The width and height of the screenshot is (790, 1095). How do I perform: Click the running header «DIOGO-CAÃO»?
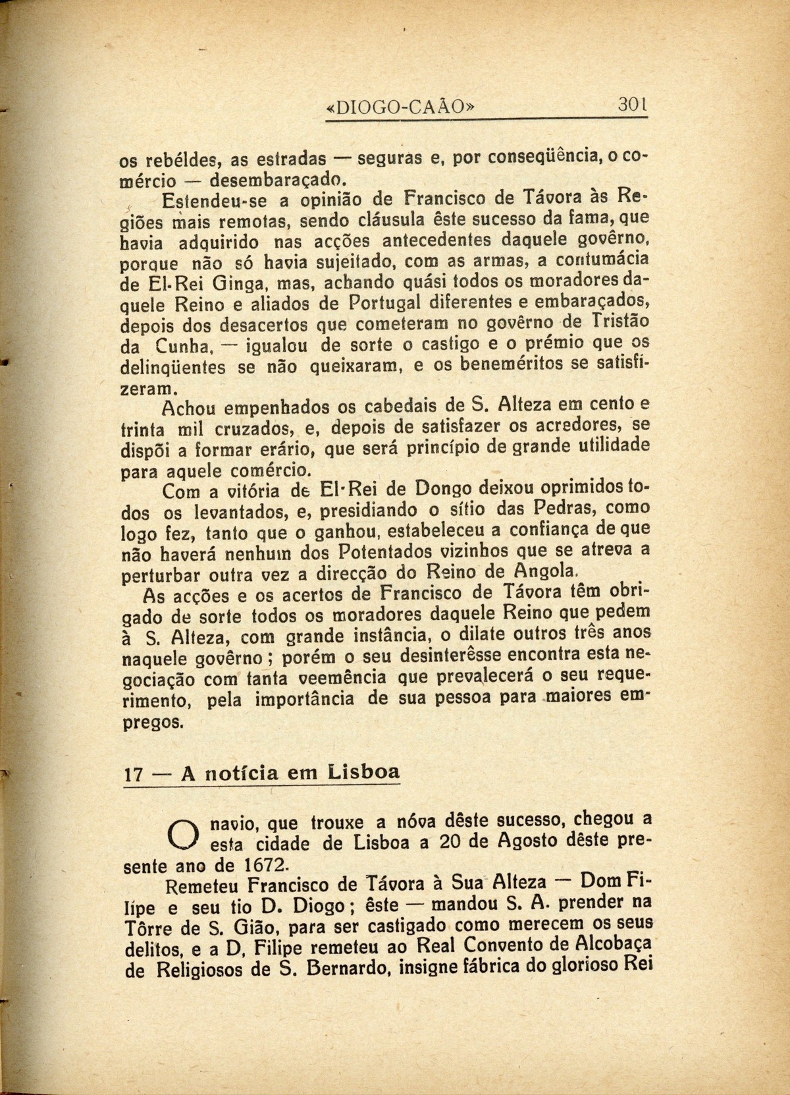[x=401, y=107]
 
